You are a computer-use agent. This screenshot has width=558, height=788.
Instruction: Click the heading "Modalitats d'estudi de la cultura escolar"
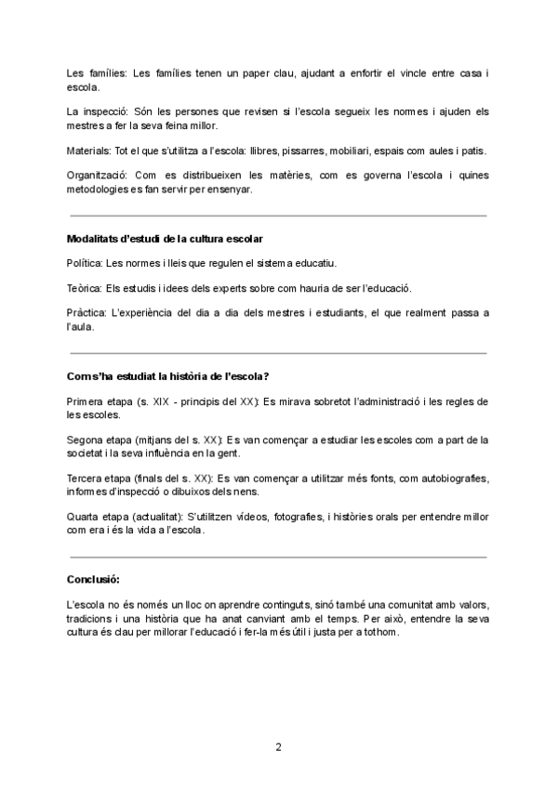pos(164,239)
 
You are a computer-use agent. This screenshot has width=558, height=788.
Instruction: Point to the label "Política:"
pos(85,263)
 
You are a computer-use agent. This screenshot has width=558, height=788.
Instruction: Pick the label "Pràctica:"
pos(87,312)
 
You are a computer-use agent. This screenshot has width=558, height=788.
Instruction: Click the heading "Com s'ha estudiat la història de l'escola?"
pos(168,376)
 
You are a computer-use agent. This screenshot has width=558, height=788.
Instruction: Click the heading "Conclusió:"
pos(93,579)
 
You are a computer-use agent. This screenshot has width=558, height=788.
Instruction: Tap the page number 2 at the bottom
pos(278,746)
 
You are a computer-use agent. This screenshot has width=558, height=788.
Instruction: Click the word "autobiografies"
pos(450,478)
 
